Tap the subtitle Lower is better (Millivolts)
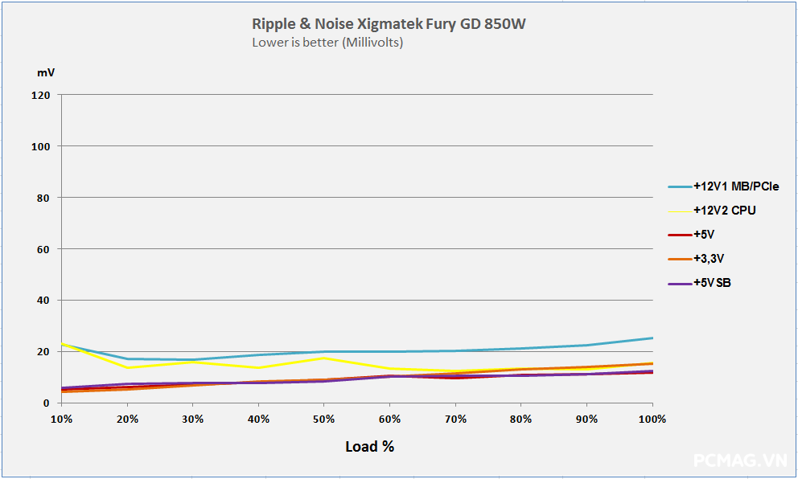click(327, 43)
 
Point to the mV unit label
click(46, 72)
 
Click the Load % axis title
click(369, 447)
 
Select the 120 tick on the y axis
click(41, 95)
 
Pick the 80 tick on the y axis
click(44, 198)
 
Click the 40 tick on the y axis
click(44, 301)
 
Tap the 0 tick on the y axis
click(47, 403)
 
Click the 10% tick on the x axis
click(61, 419)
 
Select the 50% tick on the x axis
click(324, 419)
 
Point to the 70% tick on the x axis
click(455, 419)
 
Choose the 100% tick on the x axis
click(652, 419)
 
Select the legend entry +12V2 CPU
click(724, 211)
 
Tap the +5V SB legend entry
click(711, 283)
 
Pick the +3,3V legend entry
click(714, 259)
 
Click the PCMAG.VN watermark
click(740, 461)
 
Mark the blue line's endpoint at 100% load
click(652, 338)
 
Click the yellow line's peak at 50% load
click(324, 358)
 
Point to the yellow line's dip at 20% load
click(127, 368)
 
